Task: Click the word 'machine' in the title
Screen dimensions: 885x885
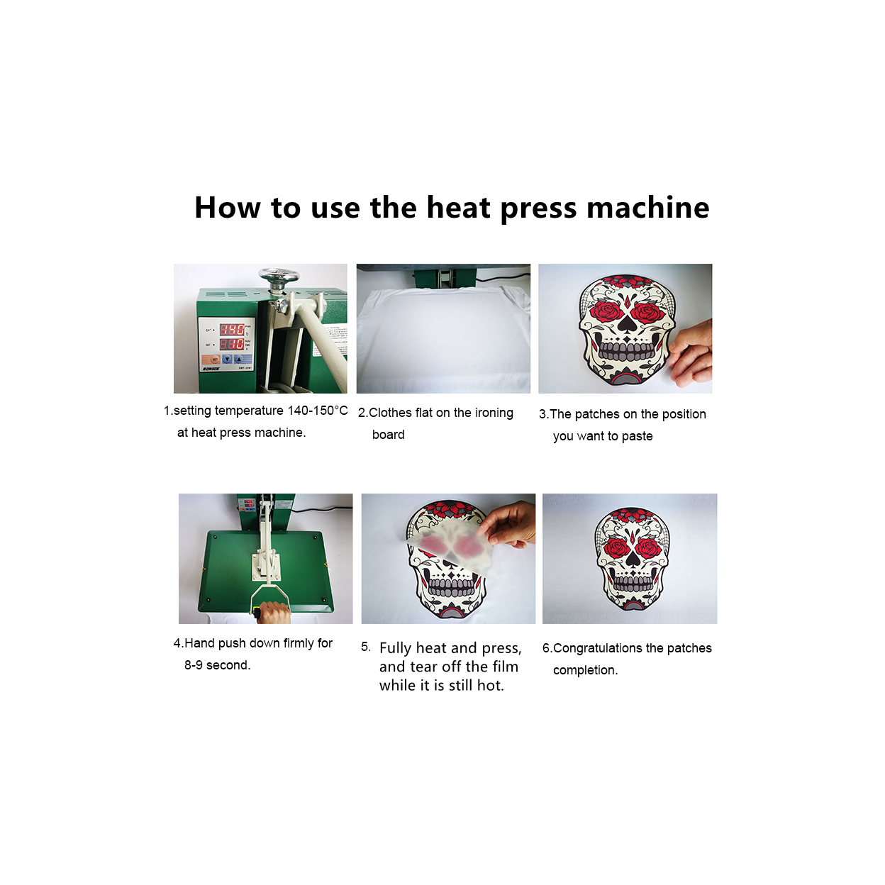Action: click(647, 208)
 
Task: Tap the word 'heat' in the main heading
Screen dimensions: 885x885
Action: click(459, 208)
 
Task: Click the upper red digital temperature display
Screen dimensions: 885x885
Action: click(232, 329)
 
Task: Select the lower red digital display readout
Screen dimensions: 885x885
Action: click(232, 344)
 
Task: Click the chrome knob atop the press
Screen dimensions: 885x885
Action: click(279, 276)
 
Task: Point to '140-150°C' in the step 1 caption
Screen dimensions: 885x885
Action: click(318, 411)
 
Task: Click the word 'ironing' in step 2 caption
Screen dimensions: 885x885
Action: click(494, 413)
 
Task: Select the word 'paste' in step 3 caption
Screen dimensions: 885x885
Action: click(637, 436)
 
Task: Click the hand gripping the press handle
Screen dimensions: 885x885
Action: click(274, 612)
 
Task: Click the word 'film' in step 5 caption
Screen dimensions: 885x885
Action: click(505, 667)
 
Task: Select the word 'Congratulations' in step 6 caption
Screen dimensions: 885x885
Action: click(598, 648)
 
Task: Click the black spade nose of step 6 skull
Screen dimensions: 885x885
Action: click(633, 560)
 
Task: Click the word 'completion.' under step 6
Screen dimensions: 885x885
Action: click(586, 671)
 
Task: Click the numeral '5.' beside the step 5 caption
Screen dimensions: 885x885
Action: click(366, 647)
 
